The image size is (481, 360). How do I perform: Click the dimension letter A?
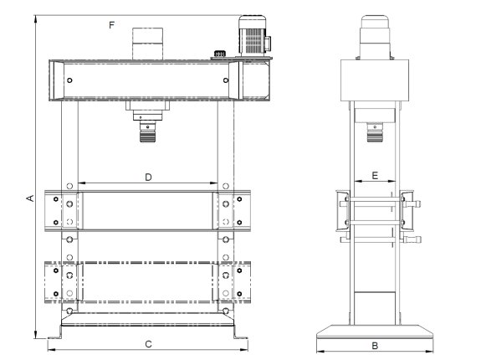(x=28, y=198)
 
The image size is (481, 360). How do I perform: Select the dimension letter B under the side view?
(x=376, y=345)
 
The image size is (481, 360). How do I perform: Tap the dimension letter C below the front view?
(x=148, y=344)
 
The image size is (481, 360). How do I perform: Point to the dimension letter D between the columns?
(x=148, y=177)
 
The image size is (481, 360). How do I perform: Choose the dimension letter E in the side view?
(x=375, y=177)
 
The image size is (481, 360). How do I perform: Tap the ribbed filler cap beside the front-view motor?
(x=220, y=55)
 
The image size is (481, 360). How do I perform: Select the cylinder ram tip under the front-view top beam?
(x=148, y=131)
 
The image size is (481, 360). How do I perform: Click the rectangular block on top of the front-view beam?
(x=148, y=42)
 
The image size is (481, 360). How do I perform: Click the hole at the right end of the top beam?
(x=226, y=80)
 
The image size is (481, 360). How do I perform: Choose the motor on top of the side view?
(x=376, y=33)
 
